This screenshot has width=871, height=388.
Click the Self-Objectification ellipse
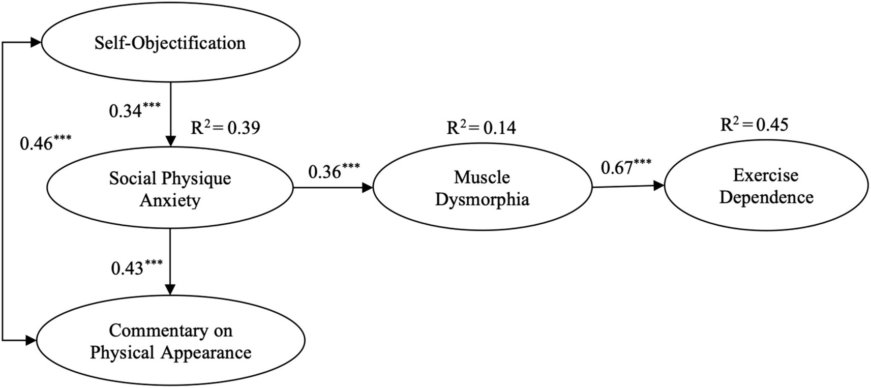(170, 43)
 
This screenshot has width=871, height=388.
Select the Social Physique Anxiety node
(170, 189)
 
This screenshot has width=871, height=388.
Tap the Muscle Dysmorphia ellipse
(482, 188)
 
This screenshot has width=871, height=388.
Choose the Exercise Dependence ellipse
(766, 186)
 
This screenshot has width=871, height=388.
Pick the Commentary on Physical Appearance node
(170, 341)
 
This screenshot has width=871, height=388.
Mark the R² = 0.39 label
(225, 128)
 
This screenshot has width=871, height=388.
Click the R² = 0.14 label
(481, 128)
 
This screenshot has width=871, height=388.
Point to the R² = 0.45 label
(754, 125)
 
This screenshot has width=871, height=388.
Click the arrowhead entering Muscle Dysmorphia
(368, 188)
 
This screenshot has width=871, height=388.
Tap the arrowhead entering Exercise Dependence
(659, 186)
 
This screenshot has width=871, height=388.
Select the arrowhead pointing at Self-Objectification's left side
(36, 43)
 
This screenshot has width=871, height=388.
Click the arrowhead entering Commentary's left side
(31, 340)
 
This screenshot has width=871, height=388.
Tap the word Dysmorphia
(482, 199)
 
